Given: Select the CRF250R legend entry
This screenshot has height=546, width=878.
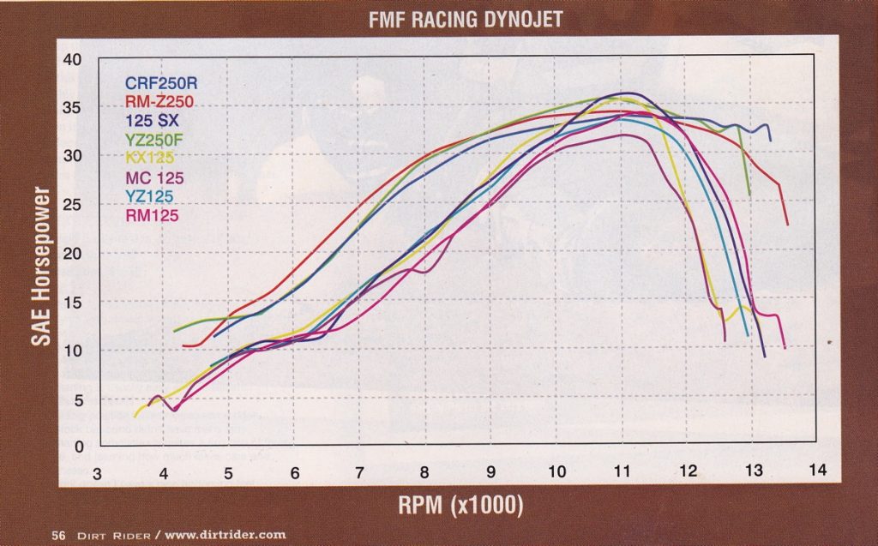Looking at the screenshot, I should (162, 84).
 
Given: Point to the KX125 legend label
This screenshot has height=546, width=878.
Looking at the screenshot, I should (151, 158).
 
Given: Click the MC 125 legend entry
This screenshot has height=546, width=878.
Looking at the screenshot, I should (154, 177).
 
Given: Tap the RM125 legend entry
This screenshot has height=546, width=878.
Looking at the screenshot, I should (152, 214).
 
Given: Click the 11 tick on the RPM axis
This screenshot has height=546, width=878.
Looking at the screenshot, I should (622, 471).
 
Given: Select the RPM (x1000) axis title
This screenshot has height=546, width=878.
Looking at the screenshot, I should (460, 505).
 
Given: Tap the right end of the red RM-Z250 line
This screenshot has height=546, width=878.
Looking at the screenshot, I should (787, 224).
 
